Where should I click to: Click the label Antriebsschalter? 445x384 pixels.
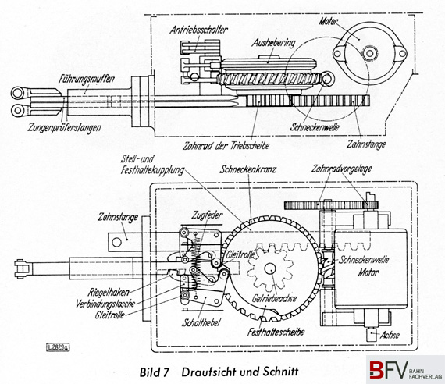198,30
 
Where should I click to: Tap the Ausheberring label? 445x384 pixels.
273,43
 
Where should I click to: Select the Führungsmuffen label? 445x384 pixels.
87,79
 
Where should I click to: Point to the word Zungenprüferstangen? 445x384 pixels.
65,128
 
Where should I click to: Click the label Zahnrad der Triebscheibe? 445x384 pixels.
226,146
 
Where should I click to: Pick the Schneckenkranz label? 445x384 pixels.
247,169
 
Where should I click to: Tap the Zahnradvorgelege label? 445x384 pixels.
341,169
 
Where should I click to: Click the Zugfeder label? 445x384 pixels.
207,215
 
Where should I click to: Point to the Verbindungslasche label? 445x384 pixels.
105,304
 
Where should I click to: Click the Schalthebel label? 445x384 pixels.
201,322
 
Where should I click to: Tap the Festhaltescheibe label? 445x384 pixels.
276,332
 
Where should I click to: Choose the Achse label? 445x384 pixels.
390,335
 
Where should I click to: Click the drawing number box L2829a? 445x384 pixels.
58,347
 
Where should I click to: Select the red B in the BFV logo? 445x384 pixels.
377,369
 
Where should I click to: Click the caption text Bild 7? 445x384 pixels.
155,372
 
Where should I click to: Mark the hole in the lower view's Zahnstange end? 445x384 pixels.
116,242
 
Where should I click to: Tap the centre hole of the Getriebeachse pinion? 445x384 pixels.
270,268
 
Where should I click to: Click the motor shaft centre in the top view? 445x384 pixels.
369,53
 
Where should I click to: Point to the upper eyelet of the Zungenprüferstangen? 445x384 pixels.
18,93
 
